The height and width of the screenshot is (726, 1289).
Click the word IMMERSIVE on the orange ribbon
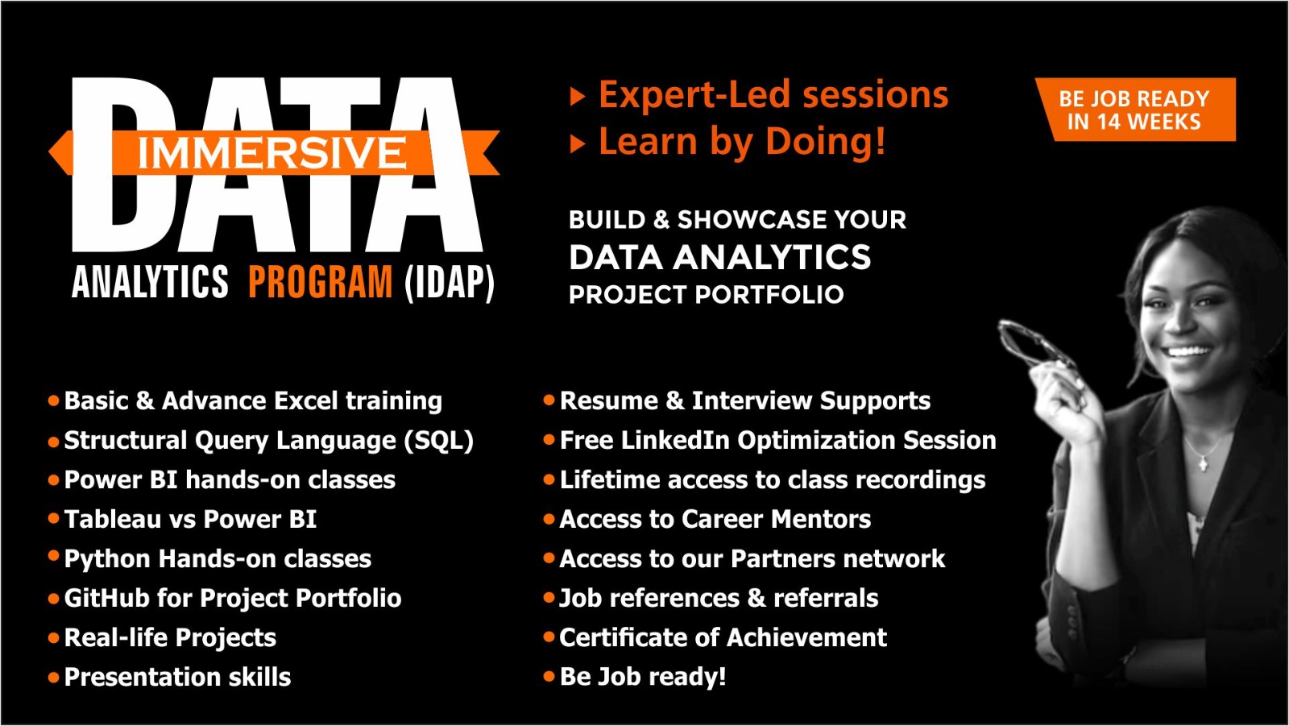click(271, 153)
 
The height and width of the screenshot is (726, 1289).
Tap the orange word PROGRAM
click(320, 283)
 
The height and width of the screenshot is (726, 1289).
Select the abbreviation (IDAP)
click(450, 283)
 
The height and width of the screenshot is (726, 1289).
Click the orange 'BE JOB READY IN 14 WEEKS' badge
click(1134, 110)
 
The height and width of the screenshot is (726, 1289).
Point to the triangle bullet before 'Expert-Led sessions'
click(577, 97)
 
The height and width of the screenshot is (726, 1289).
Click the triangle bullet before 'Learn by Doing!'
click(577, 144)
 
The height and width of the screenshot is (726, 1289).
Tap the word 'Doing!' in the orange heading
click(825, 142)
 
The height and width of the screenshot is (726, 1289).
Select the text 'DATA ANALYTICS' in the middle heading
click(719, 258)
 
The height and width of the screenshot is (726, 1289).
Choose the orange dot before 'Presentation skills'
click(54, 678)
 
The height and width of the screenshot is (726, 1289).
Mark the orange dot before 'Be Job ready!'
click(549, 677)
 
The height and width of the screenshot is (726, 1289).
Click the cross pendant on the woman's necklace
click(1203, 463)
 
